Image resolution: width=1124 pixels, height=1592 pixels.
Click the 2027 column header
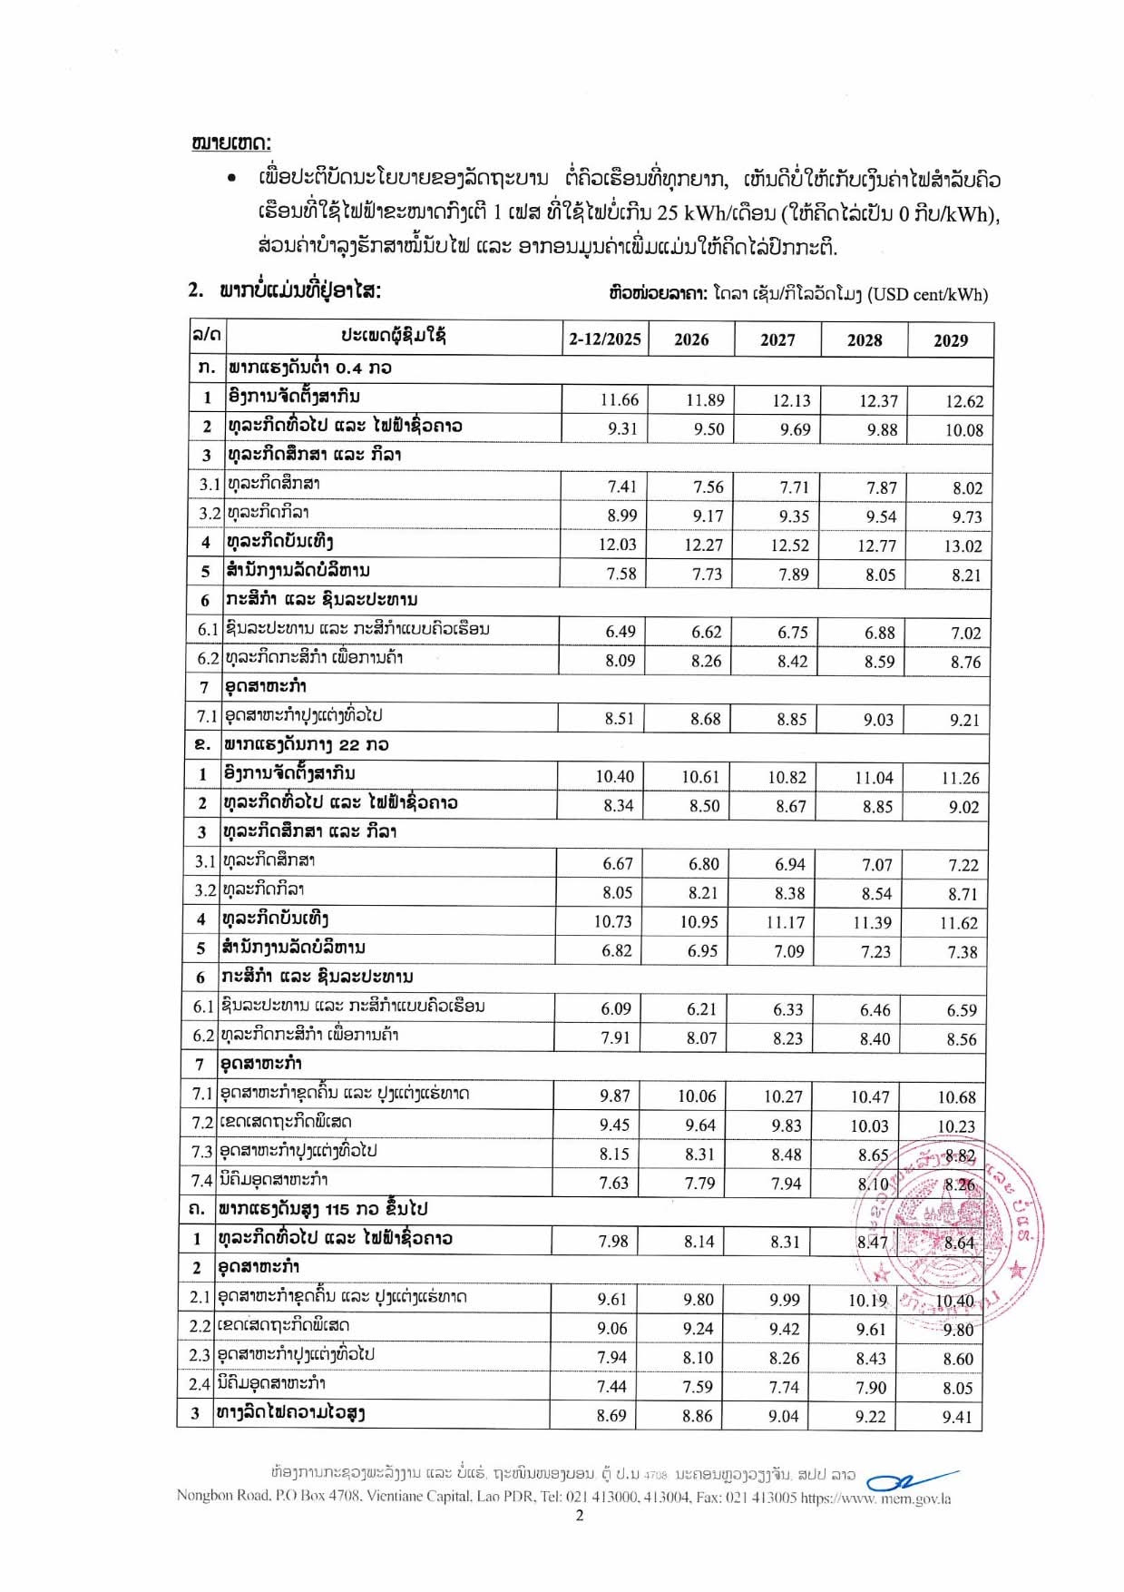pos(777,339)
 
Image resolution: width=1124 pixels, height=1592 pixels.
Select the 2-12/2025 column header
pos(604,339)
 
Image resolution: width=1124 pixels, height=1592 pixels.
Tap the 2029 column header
pos(950,340)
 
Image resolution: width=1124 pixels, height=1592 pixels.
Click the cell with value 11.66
pos(619,400)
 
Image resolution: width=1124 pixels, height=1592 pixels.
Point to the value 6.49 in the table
pos(620,632)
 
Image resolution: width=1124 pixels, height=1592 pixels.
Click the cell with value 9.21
pos(964,720)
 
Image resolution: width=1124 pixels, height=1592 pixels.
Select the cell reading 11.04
pos(874,778)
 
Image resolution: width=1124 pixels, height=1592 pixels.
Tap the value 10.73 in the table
pos(612,922)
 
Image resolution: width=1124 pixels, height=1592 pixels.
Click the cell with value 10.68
pos(956,1097)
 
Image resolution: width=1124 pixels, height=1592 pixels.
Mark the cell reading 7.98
pos(612,1241)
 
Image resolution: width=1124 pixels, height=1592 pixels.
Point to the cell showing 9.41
pos(956,1417)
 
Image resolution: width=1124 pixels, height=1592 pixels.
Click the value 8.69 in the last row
pos(611,1416)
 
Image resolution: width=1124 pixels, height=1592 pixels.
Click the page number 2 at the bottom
pos(579,1515)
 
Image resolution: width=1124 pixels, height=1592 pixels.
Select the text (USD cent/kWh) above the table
pos(927,294)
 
